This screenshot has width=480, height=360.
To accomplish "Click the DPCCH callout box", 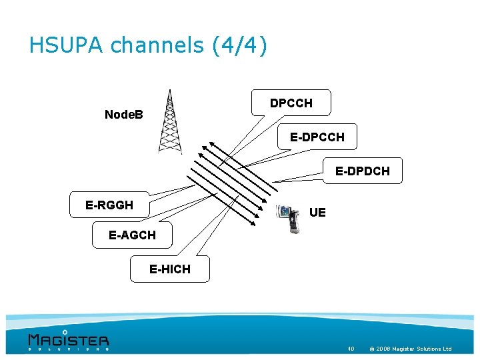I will (x=291, y=103).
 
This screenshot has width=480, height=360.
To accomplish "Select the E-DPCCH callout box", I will (x=317, y=137).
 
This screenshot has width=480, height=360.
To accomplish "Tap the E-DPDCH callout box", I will (x=363, y=171).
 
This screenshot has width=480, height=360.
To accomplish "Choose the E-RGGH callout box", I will (x=109, y=205).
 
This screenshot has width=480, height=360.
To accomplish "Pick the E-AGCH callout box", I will (x=132, y=235).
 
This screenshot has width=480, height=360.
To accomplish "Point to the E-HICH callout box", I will (x=170, y=269).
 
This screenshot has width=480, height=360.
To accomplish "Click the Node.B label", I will (x=124, y=115).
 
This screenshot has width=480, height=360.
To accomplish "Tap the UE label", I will (x=318, y=213).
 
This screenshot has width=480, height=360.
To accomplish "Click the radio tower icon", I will (x=170, y=123).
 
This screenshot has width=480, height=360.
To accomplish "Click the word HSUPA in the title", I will (x=67, y=45).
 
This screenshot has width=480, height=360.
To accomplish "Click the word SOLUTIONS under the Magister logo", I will (x=68, y=348).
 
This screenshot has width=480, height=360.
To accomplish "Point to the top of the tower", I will (x=170, y=91).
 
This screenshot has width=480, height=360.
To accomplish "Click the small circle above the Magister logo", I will (x=65, y=331).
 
